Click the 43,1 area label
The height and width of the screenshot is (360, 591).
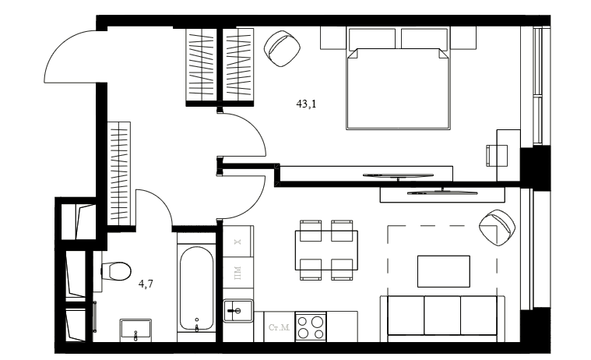[x=306, y=104]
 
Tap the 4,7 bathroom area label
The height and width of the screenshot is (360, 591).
[x=146, y=284]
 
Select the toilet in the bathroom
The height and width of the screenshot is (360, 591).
[x=116, y=271]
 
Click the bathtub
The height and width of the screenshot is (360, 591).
[x=196, y=288]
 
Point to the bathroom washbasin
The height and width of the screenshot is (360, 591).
[x=135, y=330]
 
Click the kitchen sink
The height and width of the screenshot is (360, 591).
[x=237, y=311]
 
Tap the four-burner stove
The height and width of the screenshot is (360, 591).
[x=311, y=326]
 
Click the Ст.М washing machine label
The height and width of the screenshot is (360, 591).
[x=279, y=327]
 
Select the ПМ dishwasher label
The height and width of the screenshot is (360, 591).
[x=237, y=273]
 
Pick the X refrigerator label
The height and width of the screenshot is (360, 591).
[x=237, y=242]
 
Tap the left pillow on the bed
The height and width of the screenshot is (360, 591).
[x=372, y=38]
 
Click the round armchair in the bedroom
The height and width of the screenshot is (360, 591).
[x=283, y=48]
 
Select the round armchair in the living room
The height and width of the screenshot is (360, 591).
[x=497, y=228]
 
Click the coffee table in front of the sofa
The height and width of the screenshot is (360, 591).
[x=444, y=271]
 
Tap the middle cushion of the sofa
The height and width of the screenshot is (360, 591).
[x=442, y=316]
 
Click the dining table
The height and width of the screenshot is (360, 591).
[x=326, y=250]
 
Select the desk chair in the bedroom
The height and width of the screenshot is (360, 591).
[x=497, y=155]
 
